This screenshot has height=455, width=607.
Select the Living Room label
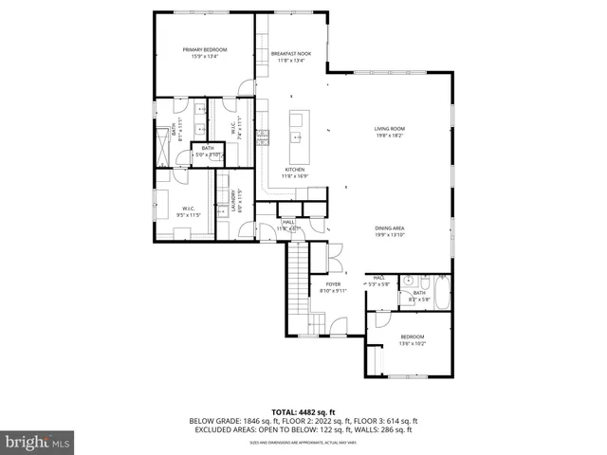point(390,129)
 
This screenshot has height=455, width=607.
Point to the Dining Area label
point(390,227)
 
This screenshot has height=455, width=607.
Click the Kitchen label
point(293,170)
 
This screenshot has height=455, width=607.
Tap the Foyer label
point(333,283)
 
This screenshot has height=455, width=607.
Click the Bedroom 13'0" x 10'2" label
point(412,337)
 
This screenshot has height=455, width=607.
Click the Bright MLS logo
point(38,442)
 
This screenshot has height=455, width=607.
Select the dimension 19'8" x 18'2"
point(390,136)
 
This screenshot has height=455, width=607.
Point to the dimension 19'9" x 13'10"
point(390,234)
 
